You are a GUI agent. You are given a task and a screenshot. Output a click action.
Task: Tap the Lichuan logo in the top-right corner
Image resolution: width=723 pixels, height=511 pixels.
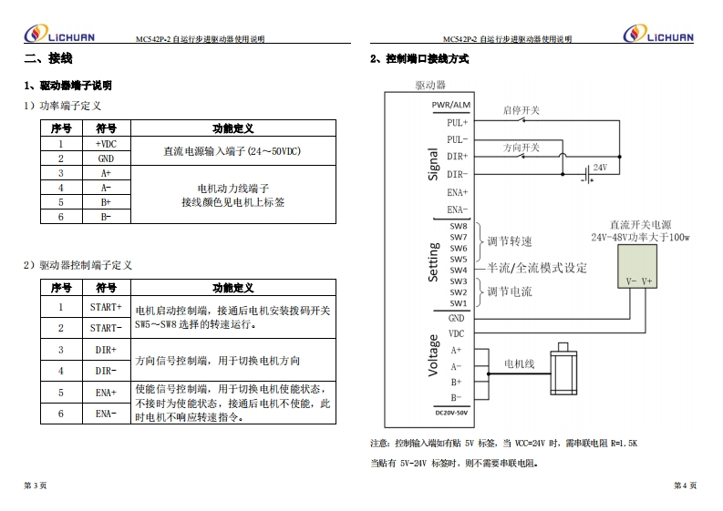coord(658,36)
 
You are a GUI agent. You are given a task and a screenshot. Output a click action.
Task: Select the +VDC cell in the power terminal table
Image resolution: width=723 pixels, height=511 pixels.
coord(106,144)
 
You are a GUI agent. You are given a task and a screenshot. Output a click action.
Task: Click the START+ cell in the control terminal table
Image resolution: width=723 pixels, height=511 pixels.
coord(106,307)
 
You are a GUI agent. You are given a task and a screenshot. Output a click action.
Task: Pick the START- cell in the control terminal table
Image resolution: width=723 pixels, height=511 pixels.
coord(106,328)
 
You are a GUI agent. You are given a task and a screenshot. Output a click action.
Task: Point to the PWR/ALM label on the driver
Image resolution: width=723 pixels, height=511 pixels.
coord(451,105)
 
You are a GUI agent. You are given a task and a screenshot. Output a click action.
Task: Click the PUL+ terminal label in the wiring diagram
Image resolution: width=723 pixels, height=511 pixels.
coord(457,122)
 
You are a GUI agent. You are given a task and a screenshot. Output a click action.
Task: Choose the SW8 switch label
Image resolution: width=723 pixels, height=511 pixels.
coord(459,226)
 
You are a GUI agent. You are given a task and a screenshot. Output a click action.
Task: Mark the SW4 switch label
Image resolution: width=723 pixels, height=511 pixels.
coord(459,270)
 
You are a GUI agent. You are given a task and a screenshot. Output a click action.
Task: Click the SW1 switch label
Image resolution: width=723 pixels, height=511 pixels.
coord(459,302)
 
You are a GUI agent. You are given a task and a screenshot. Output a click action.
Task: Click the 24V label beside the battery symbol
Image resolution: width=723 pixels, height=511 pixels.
coord(600,168)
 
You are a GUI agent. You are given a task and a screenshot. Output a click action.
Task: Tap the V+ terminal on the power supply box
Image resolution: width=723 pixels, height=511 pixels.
coord(646,281)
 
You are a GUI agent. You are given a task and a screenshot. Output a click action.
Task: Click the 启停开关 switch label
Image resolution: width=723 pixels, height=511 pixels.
coord(522,111)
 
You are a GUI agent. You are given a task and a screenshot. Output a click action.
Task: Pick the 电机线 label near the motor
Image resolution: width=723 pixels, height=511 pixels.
coord(520,363)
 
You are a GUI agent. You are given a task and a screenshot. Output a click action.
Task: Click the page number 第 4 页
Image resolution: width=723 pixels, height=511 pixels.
coord(686,485)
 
